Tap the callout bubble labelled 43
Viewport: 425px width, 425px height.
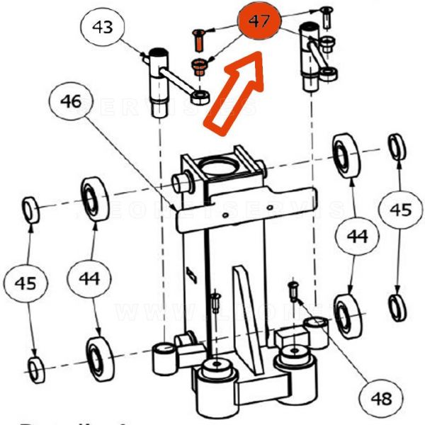(x=103, y=29)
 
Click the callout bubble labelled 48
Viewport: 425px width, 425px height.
(x=380, y=399)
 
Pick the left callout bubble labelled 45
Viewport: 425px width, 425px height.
(x=26, y=283)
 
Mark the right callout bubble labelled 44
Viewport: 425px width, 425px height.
(x=357, y=237)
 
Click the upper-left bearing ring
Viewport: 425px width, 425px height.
(x=93, y=199)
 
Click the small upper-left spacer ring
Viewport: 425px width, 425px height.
(x=31, y=210)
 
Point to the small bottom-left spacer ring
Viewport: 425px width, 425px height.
(x=36, y=368)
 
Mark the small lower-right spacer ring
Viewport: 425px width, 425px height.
(x=397, y=305)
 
